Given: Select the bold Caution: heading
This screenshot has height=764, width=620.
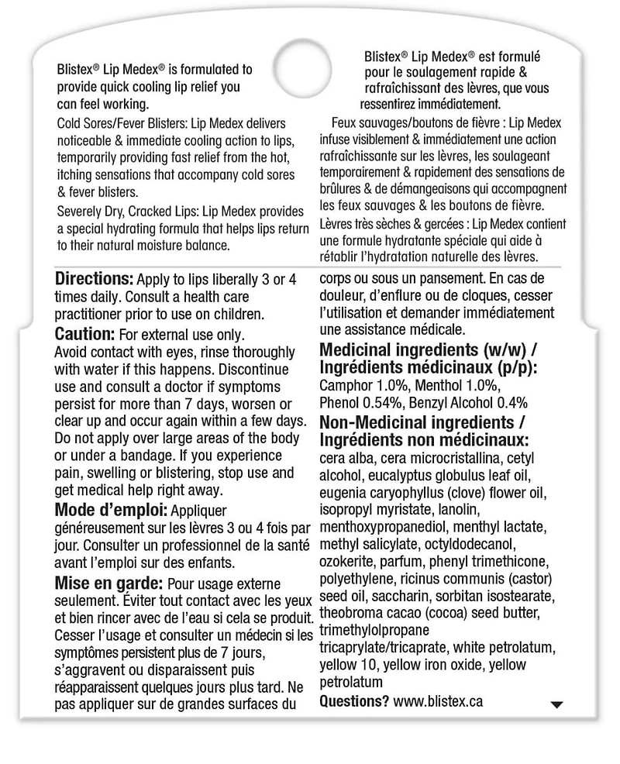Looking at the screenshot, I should tap(85, 334).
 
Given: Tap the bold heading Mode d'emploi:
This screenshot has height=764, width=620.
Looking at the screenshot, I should tap(111, 510).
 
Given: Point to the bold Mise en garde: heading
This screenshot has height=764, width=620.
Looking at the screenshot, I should tap(108, 582).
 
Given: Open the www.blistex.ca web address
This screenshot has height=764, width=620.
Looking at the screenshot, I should tap(438, 700).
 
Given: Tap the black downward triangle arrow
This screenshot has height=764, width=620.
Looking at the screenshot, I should tap(555, 704).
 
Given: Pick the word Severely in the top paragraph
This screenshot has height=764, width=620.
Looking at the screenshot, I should tap(81, 212).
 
